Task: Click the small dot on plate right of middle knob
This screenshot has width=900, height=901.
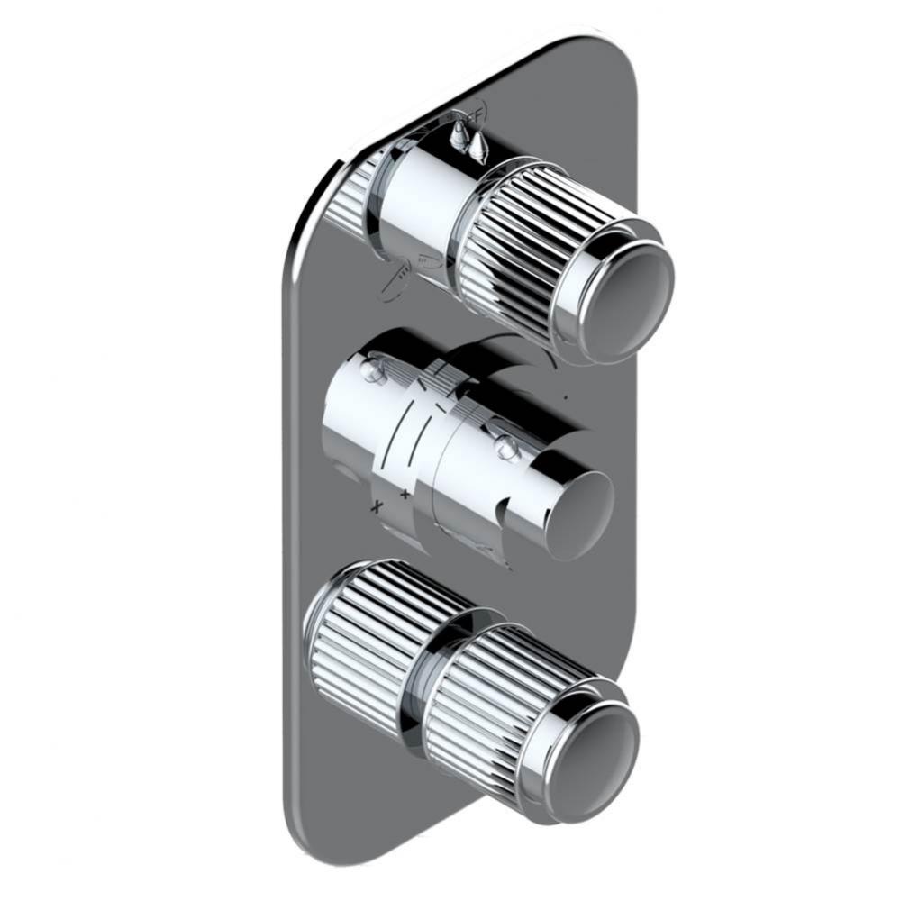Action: (565, 396)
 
